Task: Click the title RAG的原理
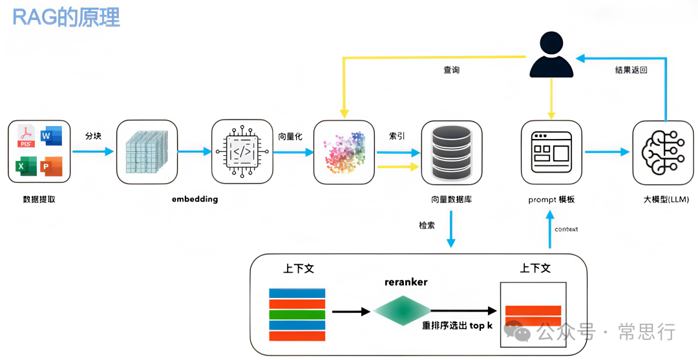click(67, 17)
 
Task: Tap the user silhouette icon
click(551, 58)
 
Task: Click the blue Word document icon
click(50, 137)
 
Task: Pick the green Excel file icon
click(25, 167)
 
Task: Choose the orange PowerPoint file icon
click(50, 167)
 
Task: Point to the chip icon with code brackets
click(242, 152)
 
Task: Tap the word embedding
click(195, 199)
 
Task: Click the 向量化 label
click(291, 136)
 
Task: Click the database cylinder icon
click(451, 152)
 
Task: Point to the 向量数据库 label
click(451, 200)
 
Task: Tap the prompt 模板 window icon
click(551, 152)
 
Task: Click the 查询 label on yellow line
click(451, 70)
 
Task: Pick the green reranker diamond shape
click(401, 311)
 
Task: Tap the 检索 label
click(427, 225)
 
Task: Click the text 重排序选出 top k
click(457, 326)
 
